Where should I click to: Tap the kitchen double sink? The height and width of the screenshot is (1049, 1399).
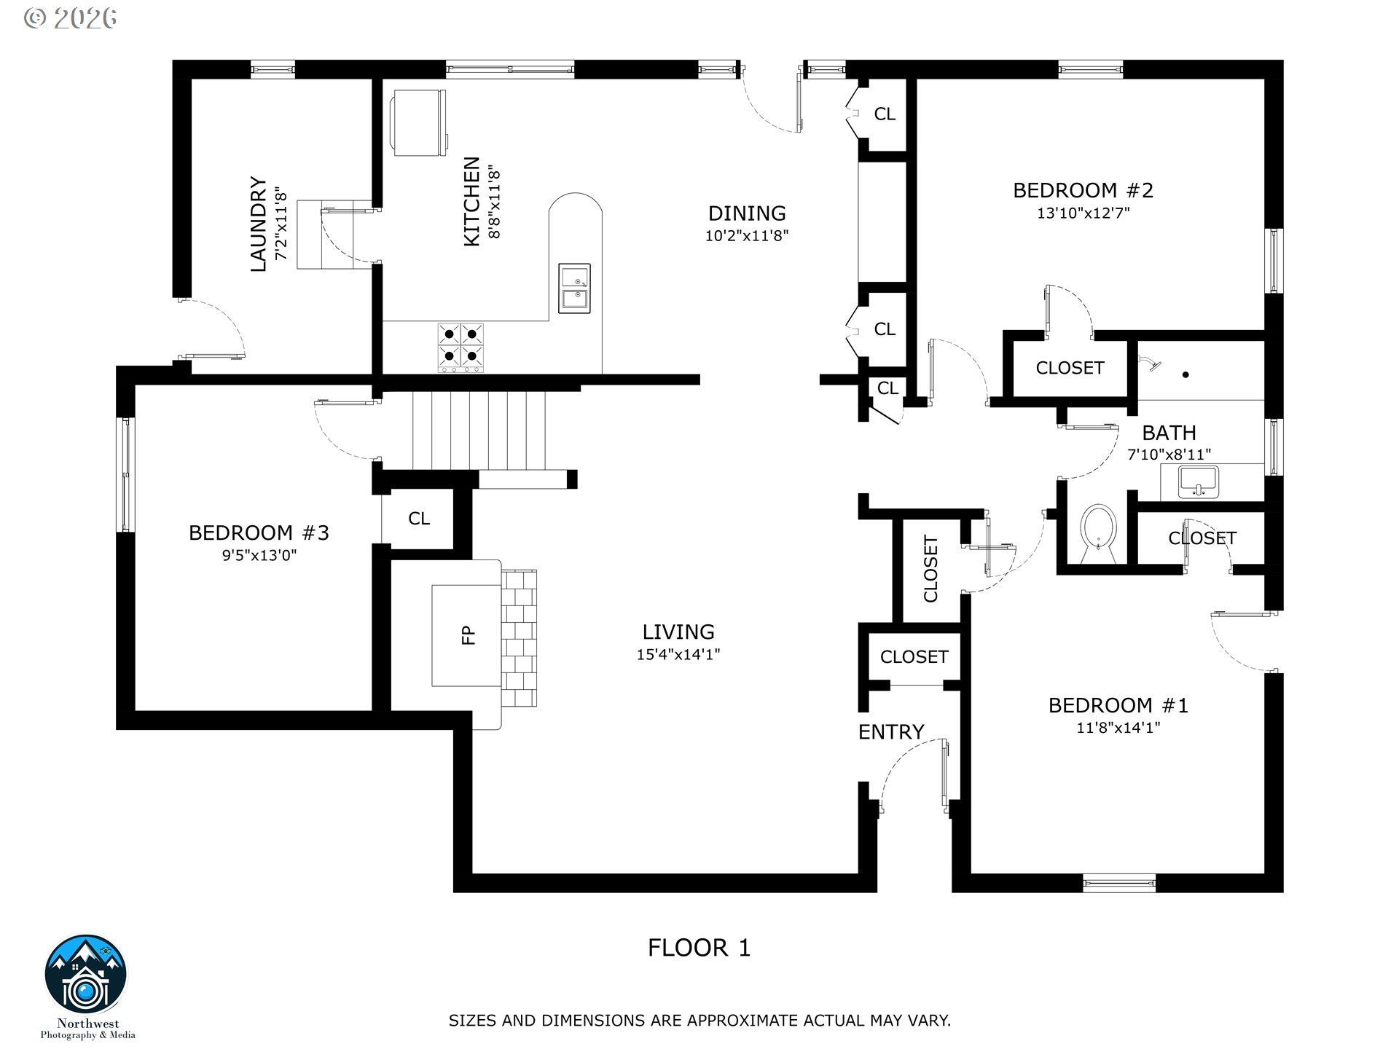[x=574, y=288]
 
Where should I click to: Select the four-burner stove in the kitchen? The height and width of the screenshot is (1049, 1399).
[x=461, y=347]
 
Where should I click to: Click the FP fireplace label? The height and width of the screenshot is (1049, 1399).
[x=469, y=635]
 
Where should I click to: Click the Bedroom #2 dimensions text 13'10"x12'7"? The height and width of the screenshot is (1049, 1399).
[x=1083, y=213]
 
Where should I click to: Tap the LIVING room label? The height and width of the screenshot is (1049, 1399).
[x=678, y=632]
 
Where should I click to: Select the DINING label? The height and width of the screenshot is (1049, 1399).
[x=747, y=213]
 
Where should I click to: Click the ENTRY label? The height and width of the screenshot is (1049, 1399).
[x=891, y=731]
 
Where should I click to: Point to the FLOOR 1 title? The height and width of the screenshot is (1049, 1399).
[x=699, y=948]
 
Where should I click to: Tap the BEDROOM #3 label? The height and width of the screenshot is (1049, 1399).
[x=259, y=533]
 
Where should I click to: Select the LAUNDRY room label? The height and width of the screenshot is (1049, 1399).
[x=259, y=224]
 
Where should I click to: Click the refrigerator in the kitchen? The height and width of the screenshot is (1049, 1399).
[x=418, y=122]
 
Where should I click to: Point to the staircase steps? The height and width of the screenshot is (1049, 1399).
[x=479, y=431]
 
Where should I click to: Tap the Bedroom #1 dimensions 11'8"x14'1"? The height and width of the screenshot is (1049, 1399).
[x=1118, y=728]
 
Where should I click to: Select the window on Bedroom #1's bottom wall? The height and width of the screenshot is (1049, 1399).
[x=1119, y=884]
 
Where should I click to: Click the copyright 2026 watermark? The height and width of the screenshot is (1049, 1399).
[x=71, y=17]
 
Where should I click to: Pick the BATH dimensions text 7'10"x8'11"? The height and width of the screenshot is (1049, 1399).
[x=1169, y=455]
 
